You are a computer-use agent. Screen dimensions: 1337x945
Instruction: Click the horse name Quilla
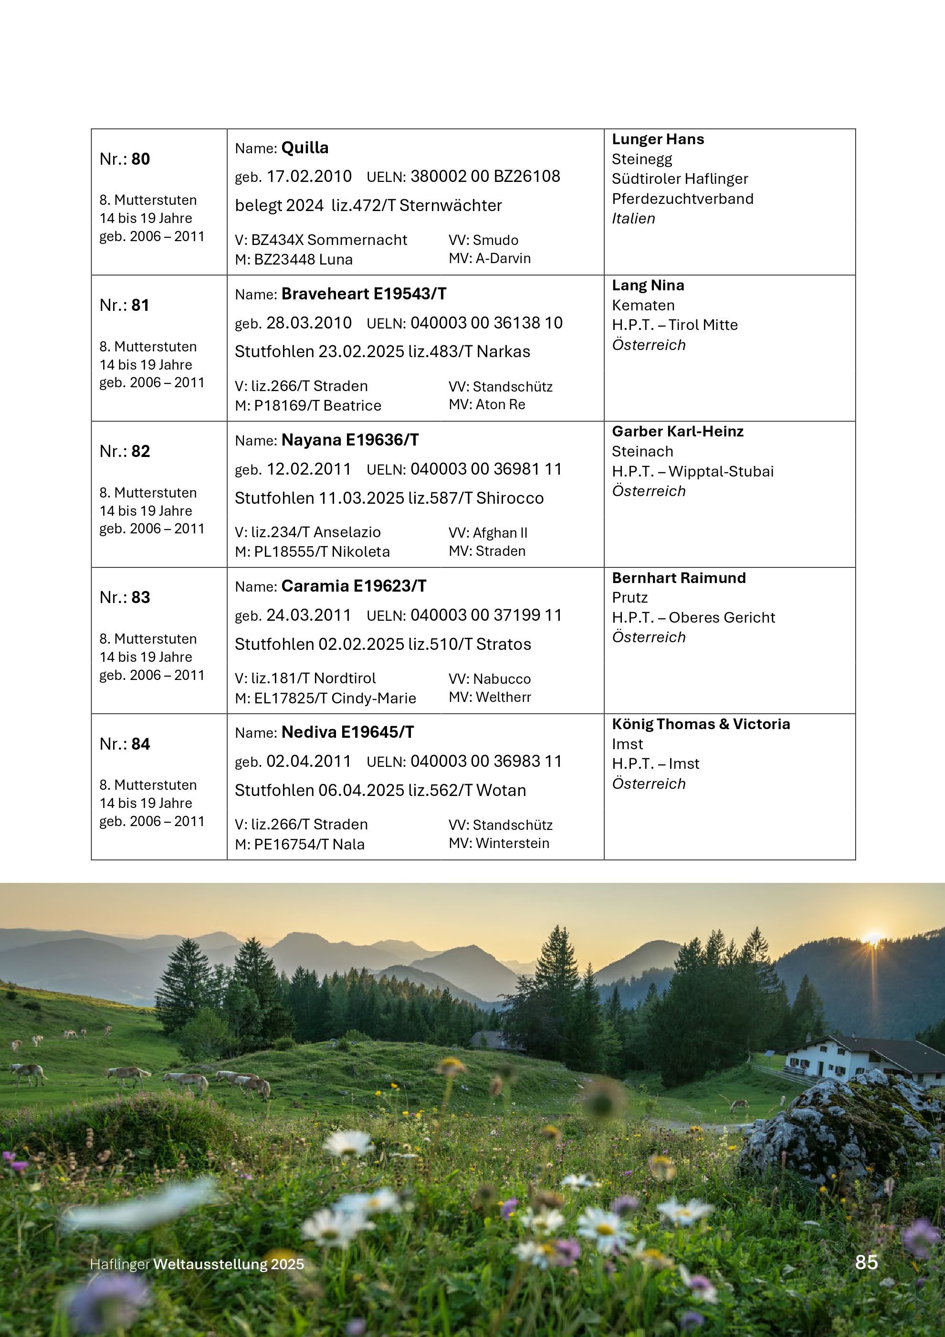(305, 148)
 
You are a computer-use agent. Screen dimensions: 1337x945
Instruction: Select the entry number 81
(140, 305)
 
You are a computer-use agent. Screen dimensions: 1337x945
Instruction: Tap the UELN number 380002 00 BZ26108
(485, 177)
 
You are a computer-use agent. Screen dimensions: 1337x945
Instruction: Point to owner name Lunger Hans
(658, 139)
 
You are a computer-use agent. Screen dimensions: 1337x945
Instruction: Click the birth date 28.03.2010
(309, 323)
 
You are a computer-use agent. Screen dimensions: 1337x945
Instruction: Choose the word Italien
(633, 218)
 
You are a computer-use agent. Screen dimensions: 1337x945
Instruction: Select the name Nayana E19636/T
(350, 440)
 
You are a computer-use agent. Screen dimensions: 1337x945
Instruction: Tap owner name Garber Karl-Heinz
(677, 432)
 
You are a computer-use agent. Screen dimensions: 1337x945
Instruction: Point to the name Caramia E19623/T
(354, 586)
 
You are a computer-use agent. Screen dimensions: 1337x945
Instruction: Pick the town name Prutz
(630, 597)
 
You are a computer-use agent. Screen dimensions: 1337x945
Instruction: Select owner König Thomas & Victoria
(701, 724)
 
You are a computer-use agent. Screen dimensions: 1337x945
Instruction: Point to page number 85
(866, 1262)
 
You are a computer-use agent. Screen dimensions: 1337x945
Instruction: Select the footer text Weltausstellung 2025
(229, 1264)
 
